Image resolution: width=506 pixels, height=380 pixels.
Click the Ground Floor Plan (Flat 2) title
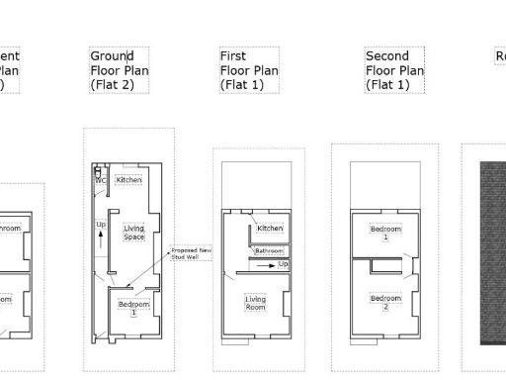119,70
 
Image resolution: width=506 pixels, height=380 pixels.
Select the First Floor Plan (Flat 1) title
249,70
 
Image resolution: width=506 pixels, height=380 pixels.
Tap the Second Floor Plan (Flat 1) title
394,70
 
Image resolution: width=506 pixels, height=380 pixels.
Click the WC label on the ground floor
101,181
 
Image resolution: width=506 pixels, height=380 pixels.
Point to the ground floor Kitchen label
129,180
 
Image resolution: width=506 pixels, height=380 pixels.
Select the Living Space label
133,234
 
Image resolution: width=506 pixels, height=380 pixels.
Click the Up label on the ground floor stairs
100,226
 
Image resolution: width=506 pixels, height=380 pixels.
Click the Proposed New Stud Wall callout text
192,253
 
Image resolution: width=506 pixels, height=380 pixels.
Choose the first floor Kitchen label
270,229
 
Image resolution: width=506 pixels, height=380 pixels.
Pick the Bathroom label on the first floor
269,251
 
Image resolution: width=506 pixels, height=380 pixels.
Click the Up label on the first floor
284,264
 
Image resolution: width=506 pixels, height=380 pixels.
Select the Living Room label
256,303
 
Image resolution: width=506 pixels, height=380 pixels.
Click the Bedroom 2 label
385,302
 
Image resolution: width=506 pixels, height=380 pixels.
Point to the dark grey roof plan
492,252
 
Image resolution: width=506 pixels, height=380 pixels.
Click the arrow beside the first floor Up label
269,265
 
